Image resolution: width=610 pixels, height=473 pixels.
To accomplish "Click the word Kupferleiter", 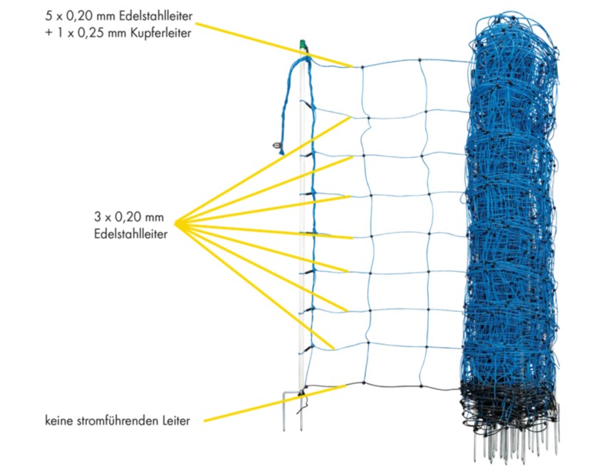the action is point(160,33).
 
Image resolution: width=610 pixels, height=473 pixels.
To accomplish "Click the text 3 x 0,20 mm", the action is point(129,217).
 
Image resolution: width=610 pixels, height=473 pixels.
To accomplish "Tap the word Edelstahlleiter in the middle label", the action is point(130,234).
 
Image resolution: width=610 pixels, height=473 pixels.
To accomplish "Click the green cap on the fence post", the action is point(303,46).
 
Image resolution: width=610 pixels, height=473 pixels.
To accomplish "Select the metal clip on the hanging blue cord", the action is point(276,145).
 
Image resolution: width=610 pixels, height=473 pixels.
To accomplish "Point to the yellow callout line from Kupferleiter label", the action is point(274,45).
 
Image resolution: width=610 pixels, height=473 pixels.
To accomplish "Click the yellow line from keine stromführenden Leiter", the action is point(274,403).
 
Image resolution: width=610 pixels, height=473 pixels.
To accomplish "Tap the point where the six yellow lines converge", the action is point(175,223).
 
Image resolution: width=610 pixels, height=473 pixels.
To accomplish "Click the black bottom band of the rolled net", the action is point(509,405).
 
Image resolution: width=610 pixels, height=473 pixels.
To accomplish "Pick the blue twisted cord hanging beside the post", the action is point(291,105).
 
